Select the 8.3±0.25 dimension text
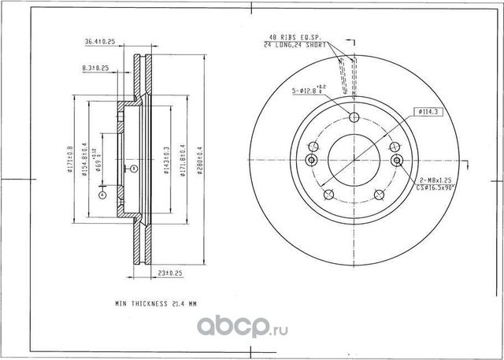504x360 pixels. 94,69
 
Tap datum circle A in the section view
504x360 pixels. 101,191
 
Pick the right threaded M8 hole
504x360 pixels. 396,161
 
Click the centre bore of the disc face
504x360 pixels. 354,158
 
